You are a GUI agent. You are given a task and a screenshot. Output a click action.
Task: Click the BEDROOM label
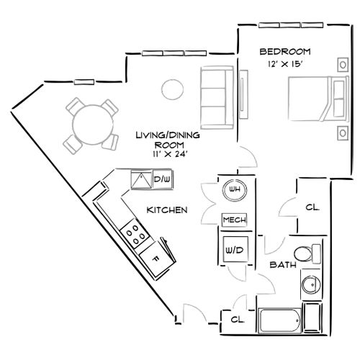(x=284, y=52)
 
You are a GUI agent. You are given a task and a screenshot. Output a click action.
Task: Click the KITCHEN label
(x=167, y=210)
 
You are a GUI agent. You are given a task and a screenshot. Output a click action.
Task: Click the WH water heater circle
(x=234, y=189)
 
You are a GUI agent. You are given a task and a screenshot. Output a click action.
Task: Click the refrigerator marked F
(x=154, y=256)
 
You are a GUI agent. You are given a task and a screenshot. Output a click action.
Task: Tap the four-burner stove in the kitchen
(x=134, y=232)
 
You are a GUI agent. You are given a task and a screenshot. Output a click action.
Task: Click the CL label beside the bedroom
(x=312, y=207)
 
